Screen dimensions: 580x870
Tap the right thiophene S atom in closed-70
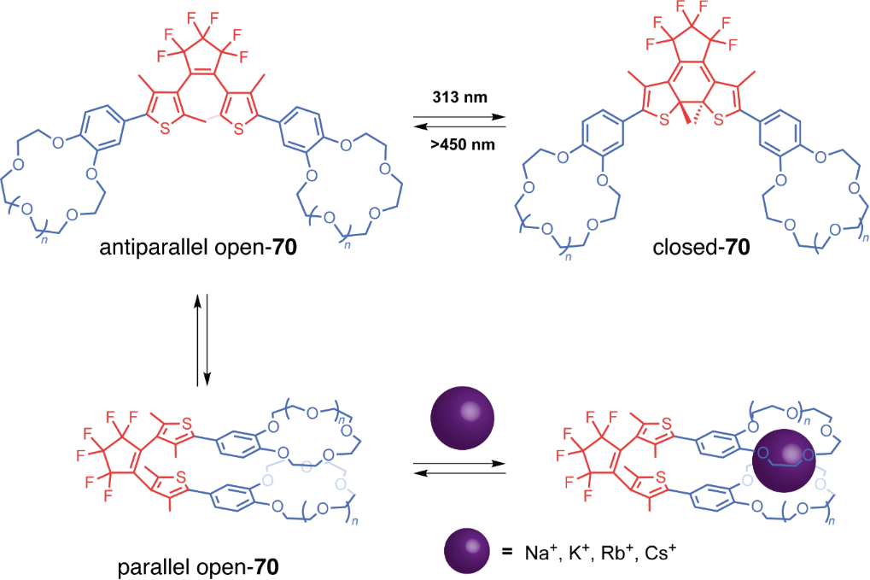tap(719, 120)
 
